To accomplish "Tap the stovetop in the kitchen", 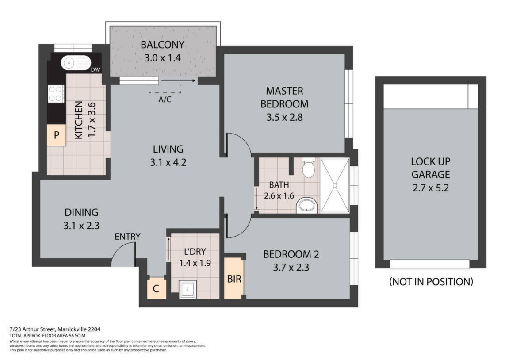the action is pyautogui.click(x=56, y=93).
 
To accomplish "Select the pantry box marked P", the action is pyautogui.click(x=57, y=135).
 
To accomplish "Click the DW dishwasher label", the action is pyautogui.click(x=95, y=69).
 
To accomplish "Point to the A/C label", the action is pyautogui.click(x=165, y=100).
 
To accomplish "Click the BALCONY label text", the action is pyautogui.click(x=162, y=45).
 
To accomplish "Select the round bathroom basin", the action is pyautogui.click(x=306, y=205).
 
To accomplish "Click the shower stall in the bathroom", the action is pyautogui.click(x=335, y=185).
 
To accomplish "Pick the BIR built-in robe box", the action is pyautogui.click(x=234, y=279).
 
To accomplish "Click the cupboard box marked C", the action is pyautogui.click(x=156, y=289).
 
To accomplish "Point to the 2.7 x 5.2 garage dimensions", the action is pyautogui.click(x=430, y=188).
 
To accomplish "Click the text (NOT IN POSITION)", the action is pyautogui.click(x=431, y=281).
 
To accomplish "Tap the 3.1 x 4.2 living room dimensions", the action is pyautogui.click(x=168, y=162).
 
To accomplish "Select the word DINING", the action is pyautogui.click(x=81, y=212).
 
